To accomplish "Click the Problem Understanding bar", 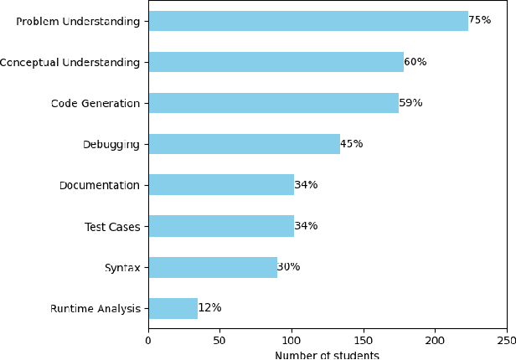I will click(307, 21).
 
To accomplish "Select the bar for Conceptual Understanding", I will click(276, 62).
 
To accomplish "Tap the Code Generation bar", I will click(273, 103).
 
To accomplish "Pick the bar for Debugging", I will click(244, 144).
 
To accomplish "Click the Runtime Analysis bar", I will click(173, 308).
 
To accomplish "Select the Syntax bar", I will click(213, 267).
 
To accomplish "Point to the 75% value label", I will click(479, 20).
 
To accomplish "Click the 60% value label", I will click(415, 61).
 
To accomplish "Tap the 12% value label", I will click(209, 308).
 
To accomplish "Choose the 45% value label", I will click(351, 144).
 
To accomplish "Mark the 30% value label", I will click(288, 267).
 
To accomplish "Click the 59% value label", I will click(410, 103).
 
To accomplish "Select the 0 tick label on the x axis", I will click(148, 341).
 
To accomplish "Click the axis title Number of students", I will click(327, 355).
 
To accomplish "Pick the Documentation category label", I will click(99, 185).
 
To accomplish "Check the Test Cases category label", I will click(112, 226).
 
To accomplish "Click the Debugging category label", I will click(111, 144).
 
